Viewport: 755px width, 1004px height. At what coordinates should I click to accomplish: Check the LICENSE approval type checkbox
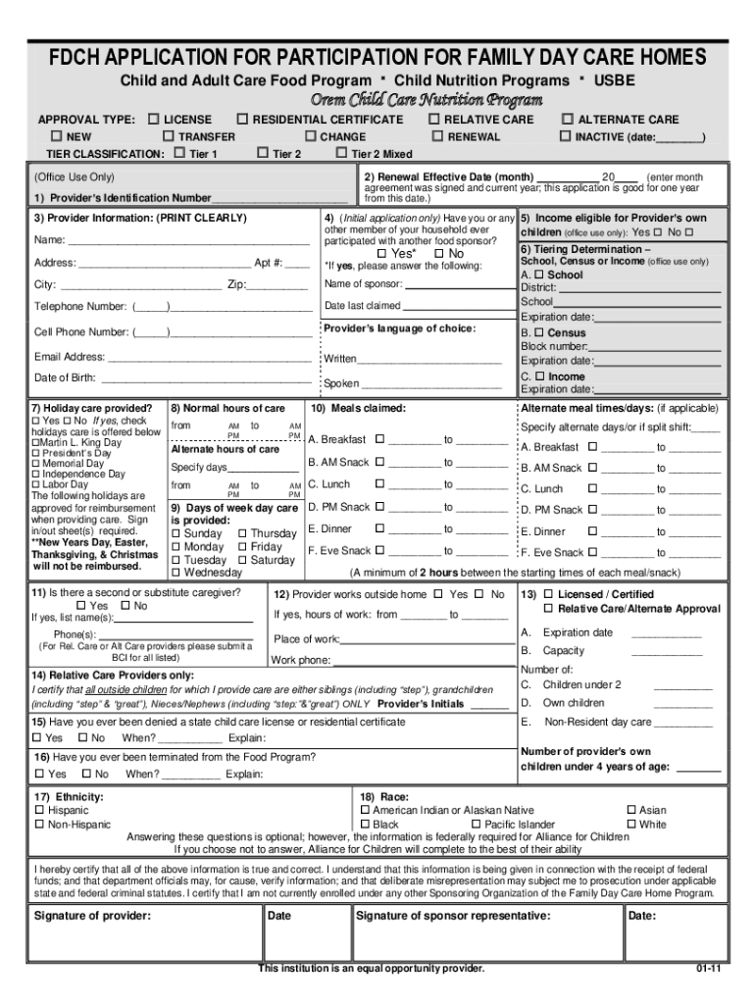[153, 120]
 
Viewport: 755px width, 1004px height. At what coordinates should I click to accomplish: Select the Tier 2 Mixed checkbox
[341, 154]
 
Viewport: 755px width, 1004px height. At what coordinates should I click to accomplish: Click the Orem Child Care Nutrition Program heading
[427, 100]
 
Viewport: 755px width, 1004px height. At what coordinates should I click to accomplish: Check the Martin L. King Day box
[36, 443]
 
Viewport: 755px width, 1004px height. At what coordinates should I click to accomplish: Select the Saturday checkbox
[243, 561]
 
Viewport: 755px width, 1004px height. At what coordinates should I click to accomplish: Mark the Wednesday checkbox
[176, 573]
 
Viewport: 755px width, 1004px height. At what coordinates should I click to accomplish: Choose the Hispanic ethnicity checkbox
[40, 811]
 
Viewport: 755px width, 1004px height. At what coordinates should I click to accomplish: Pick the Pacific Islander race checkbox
[476, 826]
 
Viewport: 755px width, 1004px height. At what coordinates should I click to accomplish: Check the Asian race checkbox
[630, 811]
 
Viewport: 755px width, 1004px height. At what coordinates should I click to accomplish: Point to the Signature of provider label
[92, 916]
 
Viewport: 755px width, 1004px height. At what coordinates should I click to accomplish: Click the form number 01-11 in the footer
[710, 969]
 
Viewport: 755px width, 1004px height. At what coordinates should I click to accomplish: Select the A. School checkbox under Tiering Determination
[539, 276]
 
